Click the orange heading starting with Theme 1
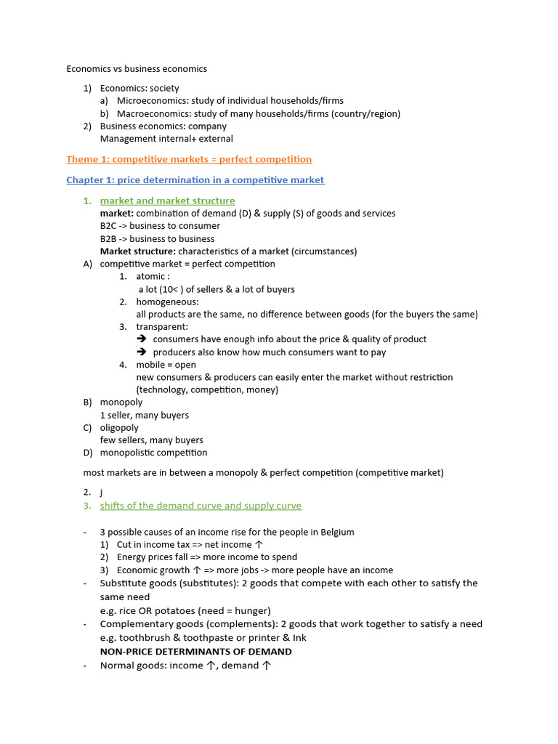point(189,159)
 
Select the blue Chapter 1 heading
point(195,179)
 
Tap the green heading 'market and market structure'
point(167,201)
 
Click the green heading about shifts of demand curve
point(201,506)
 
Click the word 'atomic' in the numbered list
point(150,276)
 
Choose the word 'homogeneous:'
point(167,302)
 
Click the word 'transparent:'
point(162,327)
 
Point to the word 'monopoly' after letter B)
point(121,402)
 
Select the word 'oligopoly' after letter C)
point(119,427)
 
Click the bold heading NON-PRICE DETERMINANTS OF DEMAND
point(195,651)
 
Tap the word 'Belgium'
point(336,532)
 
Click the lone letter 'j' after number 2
point(102,493)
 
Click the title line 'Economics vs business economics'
point(137,69)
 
